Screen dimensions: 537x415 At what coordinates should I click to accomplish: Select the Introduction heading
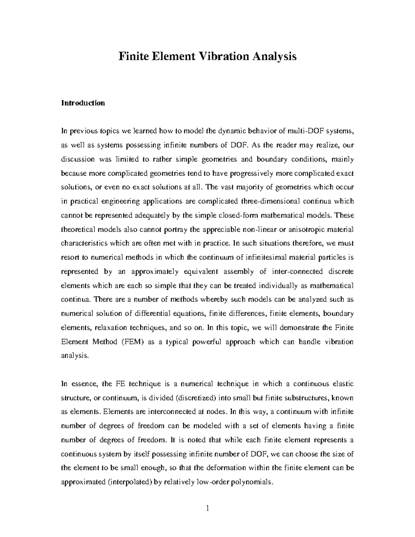pyautogui.click(x=83, y=103)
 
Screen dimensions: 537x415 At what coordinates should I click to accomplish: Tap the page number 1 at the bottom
pyautogui.click(x=207, y=508)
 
